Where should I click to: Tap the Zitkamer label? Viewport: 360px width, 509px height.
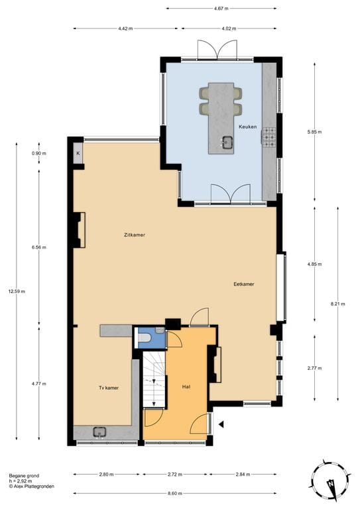[x=135, y=235]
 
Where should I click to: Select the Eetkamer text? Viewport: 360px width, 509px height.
[x=244, y=284]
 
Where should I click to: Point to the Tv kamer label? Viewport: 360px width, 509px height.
[x=109, y=388]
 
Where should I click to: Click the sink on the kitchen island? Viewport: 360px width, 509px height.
[x=227, y=141]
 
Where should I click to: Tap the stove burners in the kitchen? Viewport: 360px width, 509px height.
[x=269, y=137]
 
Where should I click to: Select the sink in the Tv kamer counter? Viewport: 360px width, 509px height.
[x=99, y=432]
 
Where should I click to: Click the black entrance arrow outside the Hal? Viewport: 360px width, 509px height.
[x=222, y=424]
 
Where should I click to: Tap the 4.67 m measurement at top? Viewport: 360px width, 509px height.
[x=221, y=9]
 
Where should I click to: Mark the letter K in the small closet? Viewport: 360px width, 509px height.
[x=78, y=154]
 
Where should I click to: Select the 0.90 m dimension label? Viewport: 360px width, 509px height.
[x=39, y=154]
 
